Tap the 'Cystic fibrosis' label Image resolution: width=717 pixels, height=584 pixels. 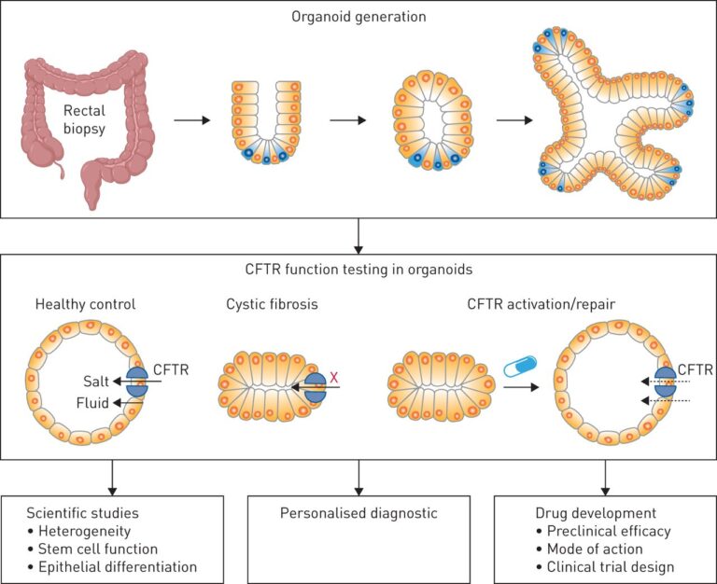pyautogui.click(x=269, y=304)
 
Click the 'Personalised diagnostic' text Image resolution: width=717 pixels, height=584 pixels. pyautogui.click(x=358, y=513)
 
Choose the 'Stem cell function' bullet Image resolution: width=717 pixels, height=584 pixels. pyautogui.click(x=104, y=549)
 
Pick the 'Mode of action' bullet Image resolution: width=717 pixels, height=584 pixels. pyautogui.click(x=589, y=549)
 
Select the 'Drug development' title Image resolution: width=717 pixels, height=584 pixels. pyautogui.click(x=583, y=513)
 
